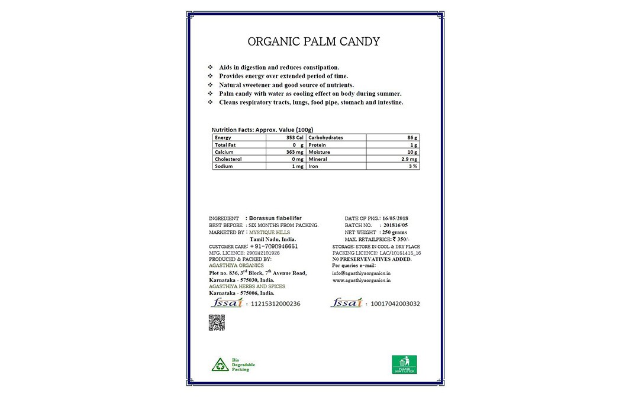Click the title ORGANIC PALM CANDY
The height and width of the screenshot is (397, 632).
pos(313,42)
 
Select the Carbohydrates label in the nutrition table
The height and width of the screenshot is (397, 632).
pos(325,138)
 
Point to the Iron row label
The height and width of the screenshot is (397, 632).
pos(314,167)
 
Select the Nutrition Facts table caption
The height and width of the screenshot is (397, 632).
pos(262,130)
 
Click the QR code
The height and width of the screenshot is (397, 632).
pos(217,322)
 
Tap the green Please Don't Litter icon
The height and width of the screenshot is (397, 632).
pos(404,364)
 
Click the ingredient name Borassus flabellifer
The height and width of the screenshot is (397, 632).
pos(277,218)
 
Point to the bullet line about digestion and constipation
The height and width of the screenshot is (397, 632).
pos(279,67)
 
